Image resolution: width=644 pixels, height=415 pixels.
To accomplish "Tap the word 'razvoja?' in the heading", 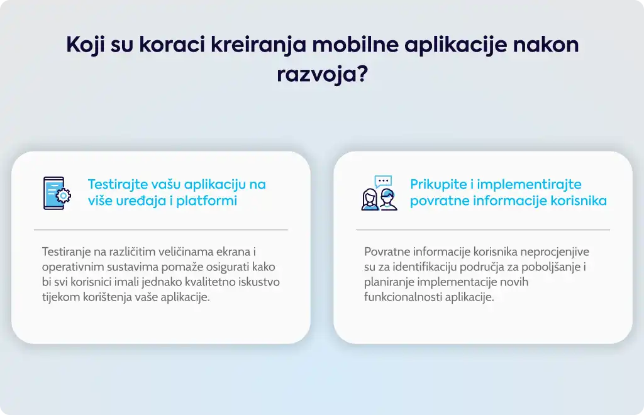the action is pyautogui.click(x=322, y=75).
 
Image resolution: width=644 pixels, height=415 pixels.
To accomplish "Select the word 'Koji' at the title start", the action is pyautogui.click(x=85, y=45).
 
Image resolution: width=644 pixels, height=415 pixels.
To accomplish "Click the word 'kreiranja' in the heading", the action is pyautogui.click(x=258, y=45).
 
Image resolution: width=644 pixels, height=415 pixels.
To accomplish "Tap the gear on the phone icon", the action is pyautogui.click(x=64, y=196).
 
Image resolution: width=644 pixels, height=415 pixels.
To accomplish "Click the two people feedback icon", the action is pyautogui.click(x=379, y=193).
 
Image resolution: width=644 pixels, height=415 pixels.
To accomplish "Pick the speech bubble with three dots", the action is pyautogui.click(x=383, y=181).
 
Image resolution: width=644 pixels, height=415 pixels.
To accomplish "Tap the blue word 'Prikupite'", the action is pyautogui.click(x=438, y=185).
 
